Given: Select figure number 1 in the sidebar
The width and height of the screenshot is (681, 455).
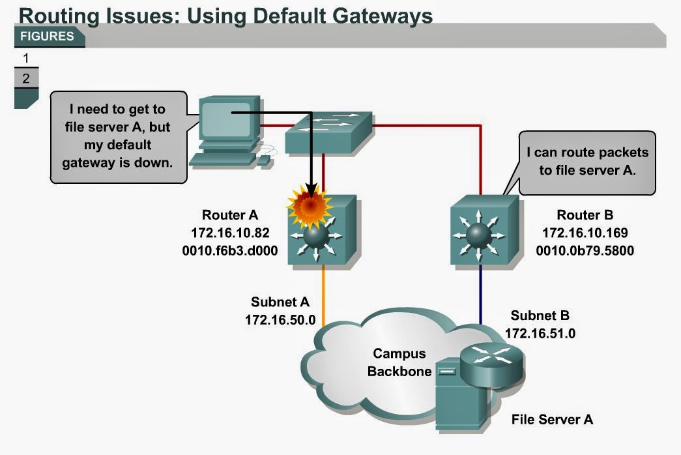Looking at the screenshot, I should point(26,59).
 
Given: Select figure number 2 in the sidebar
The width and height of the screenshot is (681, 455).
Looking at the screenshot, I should point(26,79).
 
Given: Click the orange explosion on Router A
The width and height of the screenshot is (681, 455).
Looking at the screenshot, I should point(311,205).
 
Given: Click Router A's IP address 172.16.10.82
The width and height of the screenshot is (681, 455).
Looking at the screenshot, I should point(231,231).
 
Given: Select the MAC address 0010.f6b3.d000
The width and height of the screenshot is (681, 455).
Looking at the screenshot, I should point(231,248).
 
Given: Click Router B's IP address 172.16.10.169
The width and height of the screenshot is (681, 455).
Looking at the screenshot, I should point(585,231).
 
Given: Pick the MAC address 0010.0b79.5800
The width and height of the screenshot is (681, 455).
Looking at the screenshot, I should point(585,248).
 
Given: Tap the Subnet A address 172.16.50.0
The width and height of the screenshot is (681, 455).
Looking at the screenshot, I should point(280,320).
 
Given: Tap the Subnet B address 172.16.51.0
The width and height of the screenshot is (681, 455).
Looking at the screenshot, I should point(540,333).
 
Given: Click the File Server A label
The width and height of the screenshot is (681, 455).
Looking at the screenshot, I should point(552,419).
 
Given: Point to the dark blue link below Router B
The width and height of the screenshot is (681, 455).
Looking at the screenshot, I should point(482,293).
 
